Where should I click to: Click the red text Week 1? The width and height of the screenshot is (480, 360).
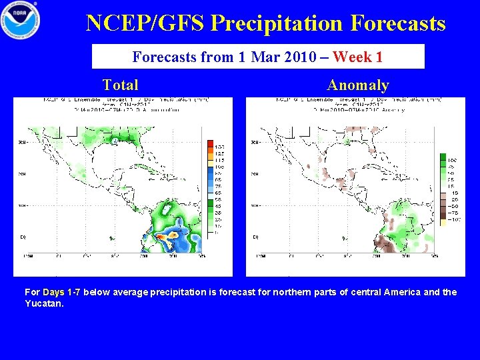tap(357, 57)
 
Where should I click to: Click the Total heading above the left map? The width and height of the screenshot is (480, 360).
tap(121, 85)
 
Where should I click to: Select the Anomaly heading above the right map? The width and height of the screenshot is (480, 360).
tap(358, 85)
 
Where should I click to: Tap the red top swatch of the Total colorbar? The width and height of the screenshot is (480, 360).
tap(210, 145)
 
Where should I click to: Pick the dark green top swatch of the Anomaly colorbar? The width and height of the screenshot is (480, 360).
tap(443, 158)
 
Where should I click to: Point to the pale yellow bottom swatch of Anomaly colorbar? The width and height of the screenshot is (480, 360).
tap(443, 222)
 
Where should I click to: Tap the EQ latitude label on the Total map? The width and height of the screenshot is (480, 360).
tap(22, 237)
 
